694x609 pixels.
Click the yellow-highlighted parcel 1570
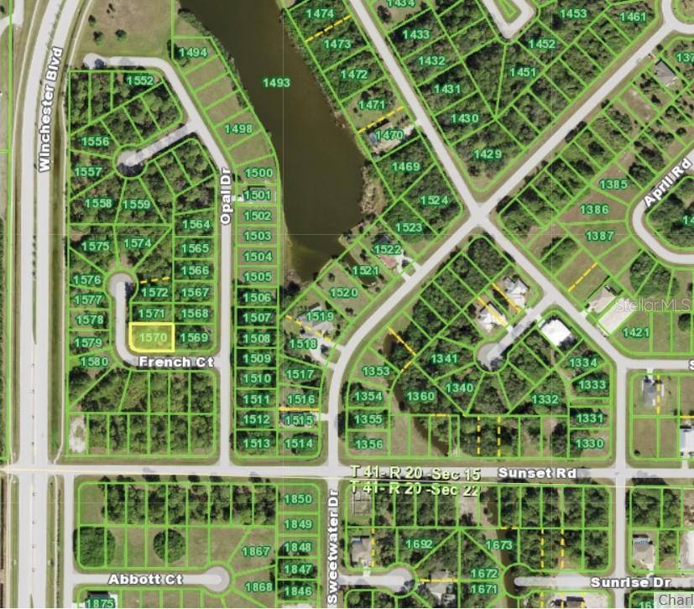152,336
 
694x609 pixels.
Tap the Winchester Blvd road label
51,110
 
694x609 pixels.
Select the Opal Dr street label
226,195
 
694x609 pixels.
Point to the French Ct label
176,362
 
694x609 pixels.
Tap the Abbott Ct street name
145,580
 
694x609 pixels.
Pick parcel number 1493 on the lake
276,82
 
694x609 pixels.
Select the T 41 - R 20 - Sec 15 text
415,475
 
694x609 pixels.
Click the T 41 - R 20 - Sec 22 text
415,488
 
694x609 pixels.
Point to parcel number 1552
140,81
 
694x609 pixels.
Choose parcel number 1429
487,154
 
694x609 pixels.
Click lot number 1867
256,551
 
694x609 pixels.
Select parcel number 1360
420,397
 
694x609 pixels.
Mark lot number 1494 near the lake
193,53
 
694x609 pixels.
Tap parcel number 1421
636,332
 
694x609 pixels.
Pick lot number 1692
419,544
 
